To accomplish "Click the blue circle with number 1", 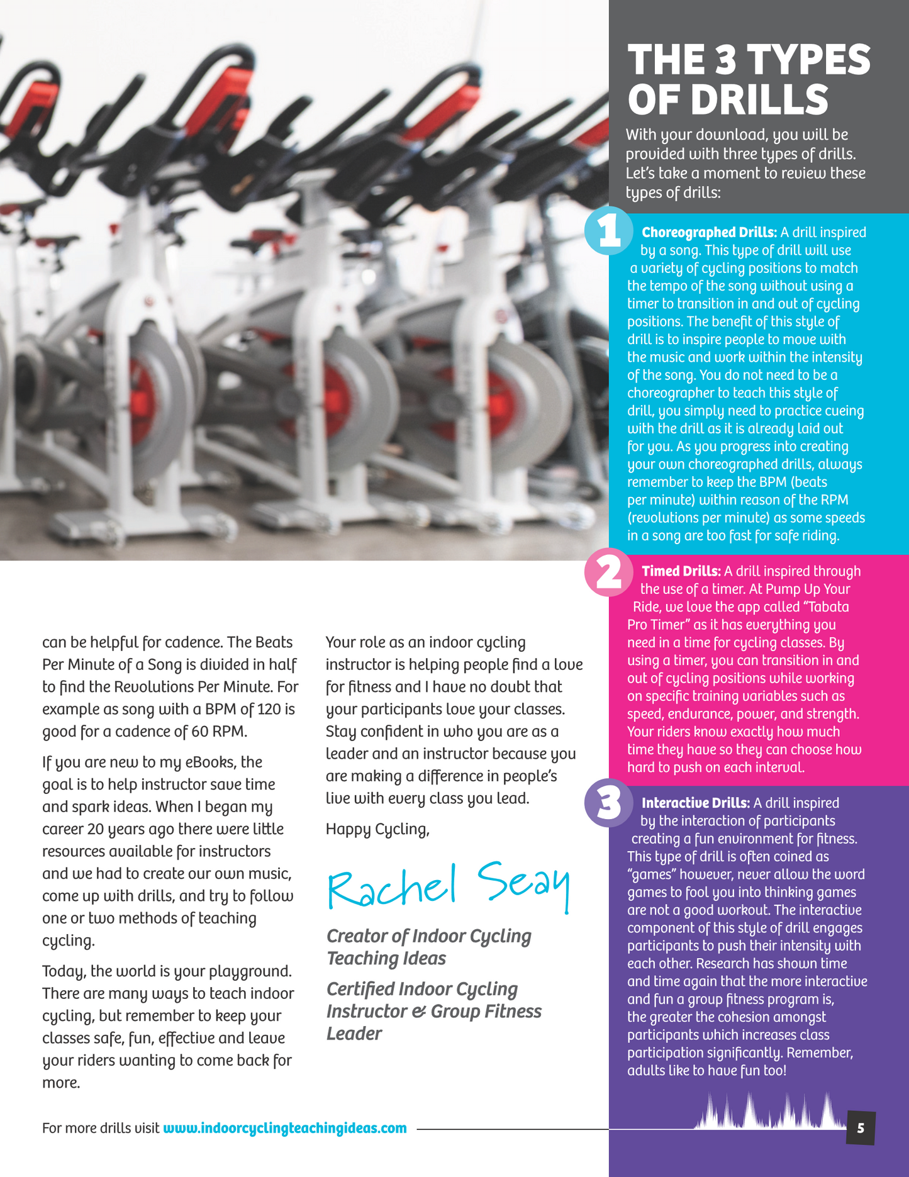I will [608, 231].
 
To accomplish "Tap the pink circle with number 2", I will [608, 572].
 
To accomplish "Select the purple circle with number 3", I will [608, 803].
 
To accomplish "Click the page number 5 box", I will [861, 1128].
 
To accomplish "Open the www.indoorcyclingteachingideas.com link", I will [285, 1128].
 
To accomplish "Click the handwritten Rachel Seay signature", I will [449, 886].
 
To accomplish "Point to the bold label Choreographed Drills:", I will [709, 233].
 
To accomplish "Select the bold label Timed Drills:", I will [681, 571].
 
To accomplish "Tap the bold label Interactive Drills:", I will [695, 803].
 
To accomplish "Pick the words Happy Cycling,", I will [377, 829].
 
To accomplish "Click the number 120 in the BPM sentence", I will [269, 709].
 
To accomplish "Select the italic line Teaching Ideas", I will [386, 958].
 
